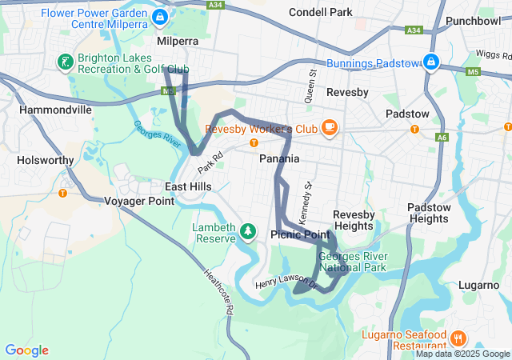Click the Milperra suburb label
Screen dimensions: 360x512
[x=177, y=40]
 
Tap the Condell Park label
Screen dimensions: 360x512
[x=320, y=13]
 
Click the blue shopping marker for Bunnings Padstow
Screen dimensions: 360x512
[x=431, y=62]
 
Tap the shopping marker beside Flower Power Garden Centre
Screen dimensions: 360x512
[x=160, y=16]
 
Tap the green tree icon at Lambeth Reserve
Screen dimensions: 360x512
[x=248, y=231]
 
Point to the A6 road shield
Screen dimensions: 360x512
[x=442, y=138]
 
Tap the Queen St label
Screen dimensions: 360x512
[x=312, y=79]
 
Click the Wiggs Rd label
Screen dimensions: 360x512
[x=493, y=54]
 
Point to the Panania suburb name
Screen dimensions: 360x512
[x=279, y=158]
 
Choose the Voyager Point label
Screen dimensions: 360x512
[x=139, y=202]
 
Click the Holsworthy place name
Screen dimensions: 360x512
[x=45, y=160]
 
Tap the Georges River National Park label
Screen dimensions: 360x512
[x=352, y=262]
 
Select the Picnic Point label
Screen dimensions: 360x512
[x=300, y=234]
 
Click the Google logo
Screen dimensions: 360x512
[x=26, y=350]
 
